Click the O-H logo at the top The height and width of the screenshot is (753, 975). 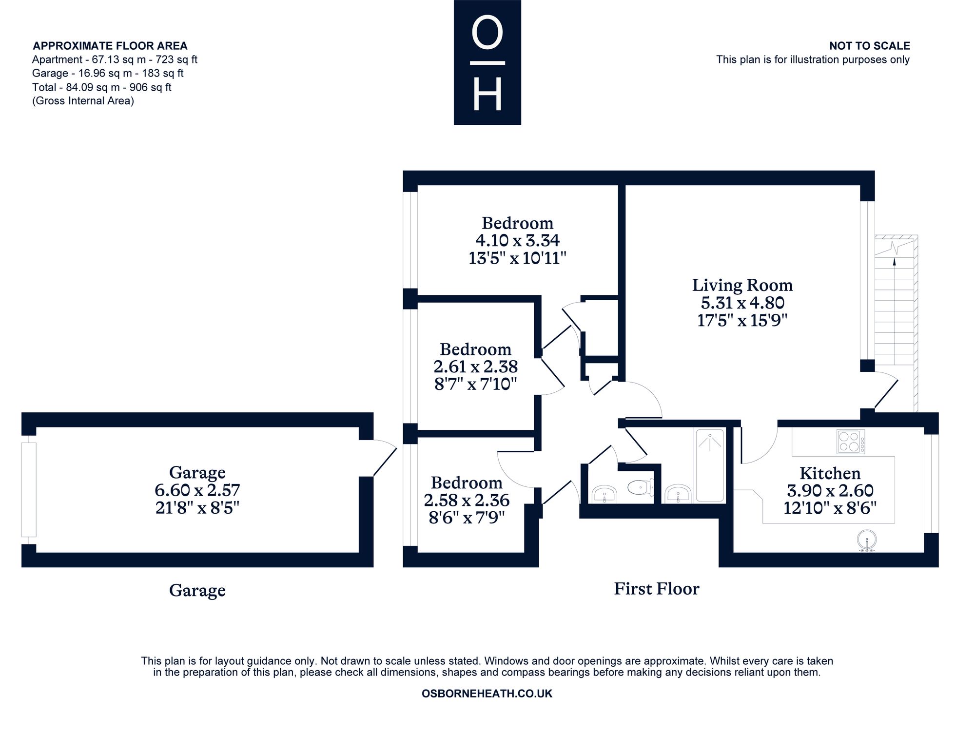click(487, 62)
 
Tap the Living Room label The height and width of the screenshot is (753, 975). click(742, 285)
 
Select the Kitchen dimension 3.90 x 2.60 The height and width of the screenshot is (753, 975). click(830, 490)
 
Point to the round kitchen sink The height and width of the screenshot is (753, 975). click(867, 540)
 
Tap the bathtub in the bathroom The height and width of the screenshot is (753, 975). click(710, 465)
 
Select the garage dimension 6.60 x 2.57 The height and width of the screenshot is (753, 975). click(197, 489)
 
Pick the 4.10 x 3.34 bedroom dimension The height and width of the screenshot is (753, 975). click(517, 240)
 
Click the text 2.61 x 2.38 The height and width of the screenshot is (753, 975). click(475, 367)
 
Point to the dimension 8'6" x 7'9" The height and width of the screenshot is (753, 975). click(467, 517)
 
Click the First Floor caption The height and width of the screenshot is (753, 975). click(656, 589)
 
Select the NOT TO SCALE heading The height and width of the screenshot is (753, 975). click(869, 46)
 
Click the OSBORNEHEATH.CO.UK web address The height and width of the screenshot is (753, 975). click(487, 694)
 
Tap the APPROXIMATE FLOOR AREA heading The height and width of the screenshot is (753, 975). click(110, 46)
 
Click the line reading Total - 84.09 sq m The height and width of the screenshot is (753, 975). click(101, 87)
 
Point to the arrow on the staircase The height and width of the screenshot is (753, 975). click(894, 261)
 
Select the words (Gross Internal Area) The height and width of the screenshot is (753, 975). click(83, 101)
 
